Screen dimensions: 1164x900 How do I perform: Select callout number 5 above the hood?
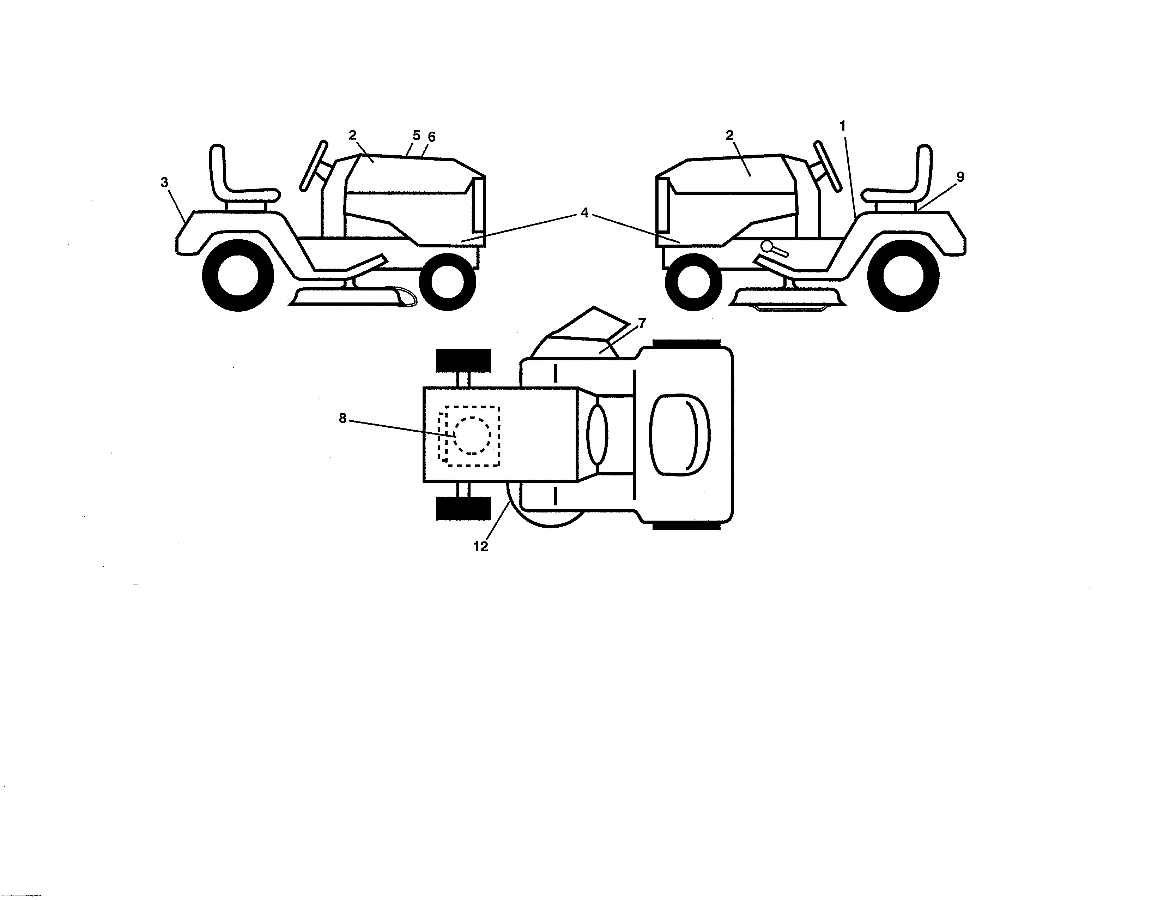(416, 136)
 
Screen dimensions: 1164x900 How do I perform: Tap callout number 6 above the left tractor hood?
(432, 137)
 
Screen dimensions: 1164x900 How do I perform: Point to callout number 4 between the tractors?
(585, 213)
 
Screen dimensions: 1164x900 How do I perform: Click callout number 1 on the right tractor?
(843, 126)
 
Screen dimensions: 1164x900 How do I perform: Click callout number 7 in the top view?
(642, 323)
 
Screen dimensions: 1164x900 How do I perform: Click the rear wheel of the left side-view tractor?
(238, 276)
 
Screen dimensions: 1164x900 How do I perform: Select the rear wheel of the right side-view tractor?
(903, 276)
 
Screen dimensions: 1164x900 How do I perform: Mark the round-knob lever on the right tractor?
(768, 246)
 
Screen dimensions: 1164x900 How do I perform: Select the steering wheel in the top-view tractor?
(596, 434)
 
